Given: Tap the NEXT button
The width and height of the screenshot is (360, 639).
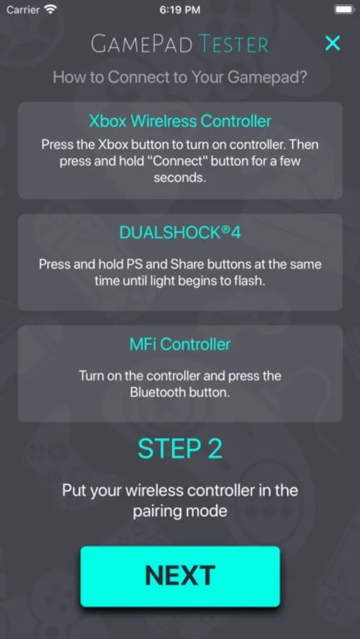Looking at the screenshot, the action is point(180,577).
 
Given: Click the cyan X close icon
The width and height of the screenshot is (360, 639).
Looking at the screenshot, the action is point(333,43).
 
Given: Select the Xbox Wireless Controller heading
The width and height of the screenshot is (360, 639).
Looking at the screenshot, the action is point(180,121).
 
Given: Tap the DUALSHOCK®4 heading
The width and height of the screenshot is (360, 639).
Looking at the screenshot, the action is point(180,232).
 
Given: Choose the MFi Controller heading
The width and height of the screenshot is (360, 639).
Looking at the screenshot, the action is point(180,344).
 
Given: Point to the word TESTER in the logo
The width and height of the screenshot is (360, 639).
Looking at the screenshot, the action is point(234,44).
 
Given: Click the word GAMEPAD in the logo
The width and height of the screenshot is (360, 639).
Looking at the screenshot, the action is point(142,44).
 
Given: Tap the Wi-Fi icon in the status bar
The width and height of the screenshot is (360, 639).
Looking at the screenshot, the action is point(50,9).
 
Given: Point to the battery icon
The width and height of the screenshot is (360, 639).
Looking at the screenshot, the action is point(344,9).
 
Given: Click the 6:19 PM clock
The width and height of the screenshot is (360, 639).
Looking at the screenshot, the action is point(180,10).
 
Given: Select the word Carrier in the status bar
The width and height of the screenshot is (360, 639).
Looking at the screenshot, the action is point(23,10).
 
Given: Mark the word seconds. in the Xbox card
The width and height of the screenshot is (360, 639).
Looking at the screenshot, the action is point(180,177).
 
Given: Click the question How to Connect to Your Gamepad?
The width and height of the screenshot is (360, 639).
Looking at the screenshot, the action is point(180,77).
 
